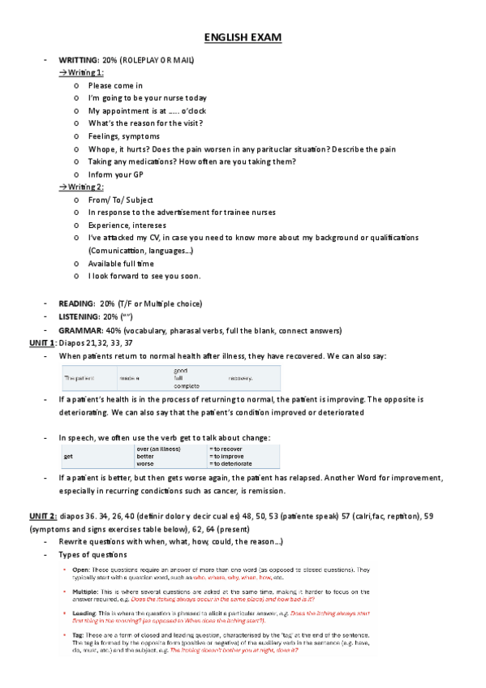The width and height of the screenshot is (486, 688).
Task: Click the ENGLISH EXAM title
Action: tap(243, 37)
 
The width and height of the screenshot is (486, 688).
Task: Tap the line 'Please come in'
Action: tap(115, 85)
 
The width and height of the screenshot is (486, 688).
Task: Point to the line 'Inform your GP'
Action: tap(118, 174)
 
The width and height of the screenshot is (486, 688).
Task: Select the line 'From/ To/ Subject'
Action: tap(121, 200)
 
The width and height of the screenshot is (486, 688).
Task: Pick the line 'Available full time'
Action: tap(121, 263)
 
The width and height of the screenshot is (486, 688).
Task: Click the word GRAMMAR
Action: tap(79, 329)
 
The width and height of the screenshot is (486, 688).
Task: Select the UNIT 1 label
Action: tap(42, 343)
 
